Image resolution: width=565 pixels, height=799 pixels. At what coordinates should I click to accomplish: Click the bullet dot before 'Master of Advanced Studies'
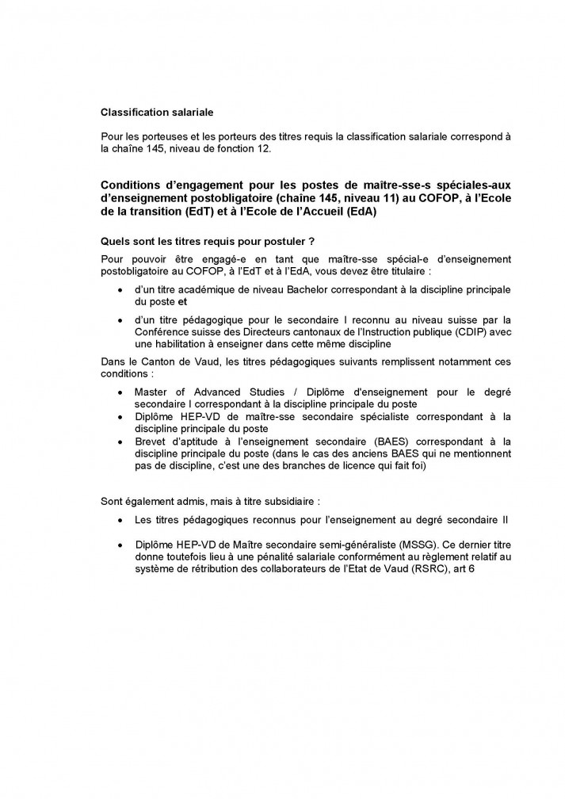pyautogui.click(x=119, y=392)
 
